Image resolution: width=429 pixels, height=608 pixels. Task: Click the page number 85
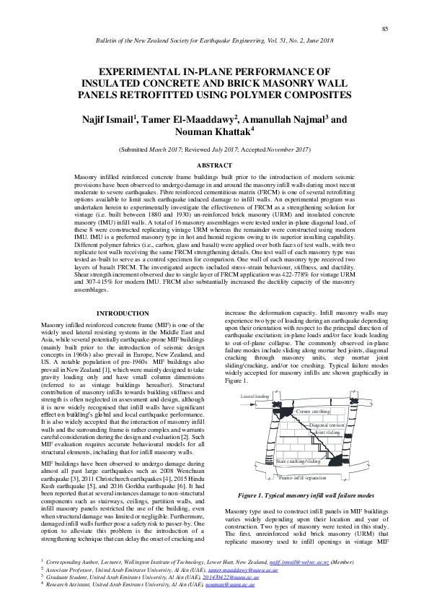[385, 28]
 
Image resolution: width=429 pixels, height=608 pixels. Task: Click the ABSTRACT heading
[214, 165]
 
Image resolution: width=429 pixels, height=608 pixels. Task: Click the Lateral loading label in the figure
[255, 396]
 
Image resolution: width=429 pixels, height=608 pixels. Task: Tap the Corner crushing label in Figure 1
[313, 411]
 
